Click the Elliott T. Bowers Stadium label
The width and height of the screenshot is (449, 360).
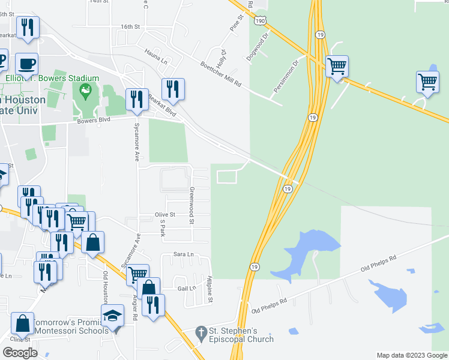[x=52, y=78]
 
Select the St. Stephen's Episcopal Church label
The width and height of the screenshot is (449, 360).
[x=241, y=335]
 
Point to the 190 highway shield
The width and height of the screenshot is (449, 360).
[x=259, y=20]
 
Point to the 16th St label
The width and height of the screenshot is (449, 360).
[x=130, y=27]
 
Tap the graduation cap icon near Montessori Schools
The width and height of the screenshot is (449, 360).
[x=112, y=316]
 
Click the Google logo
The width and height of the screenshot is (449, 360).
[x=20, y=353]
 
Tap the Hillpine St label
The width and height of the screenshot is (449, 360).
[x=211, y=289]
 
